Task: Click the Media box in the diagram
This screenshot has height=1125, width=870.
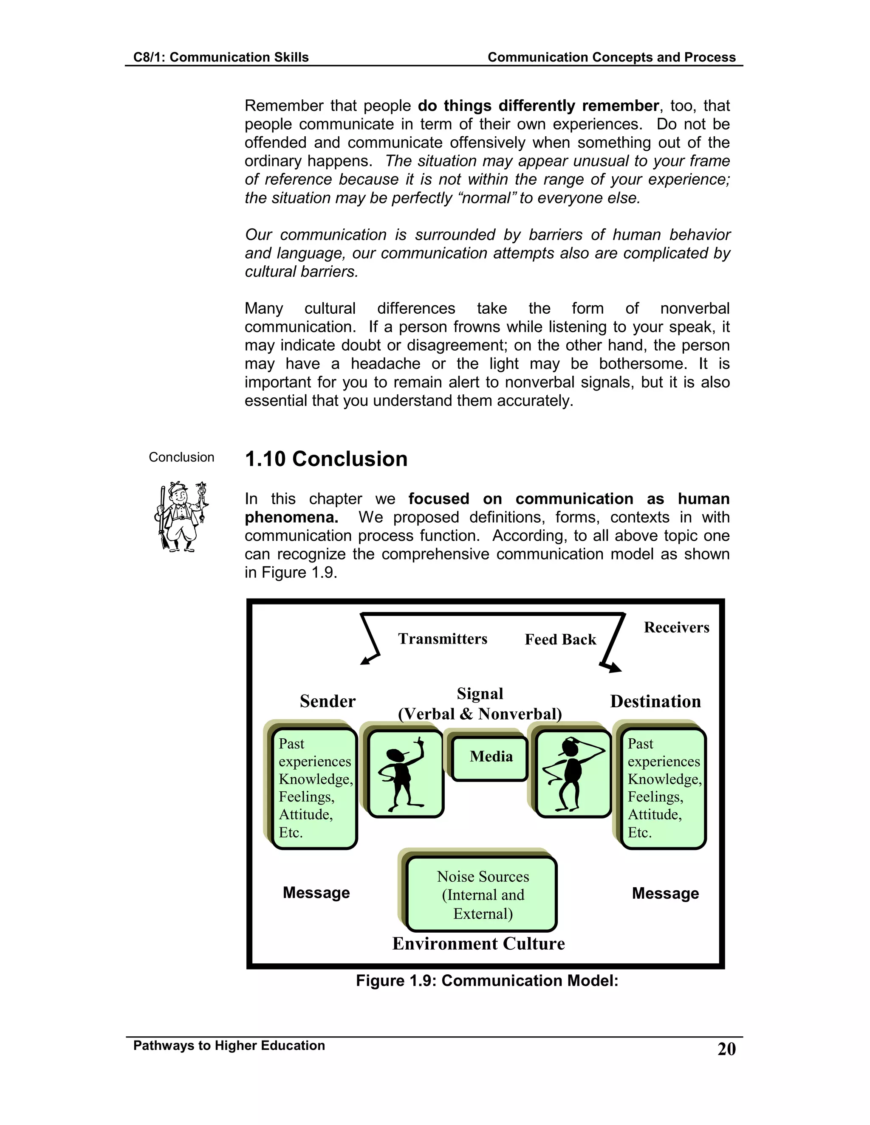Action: [490, 758]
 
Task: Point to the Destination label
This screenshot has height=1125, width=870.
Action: [655, 702]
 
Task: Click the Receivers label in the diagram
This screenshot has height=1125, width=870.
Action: [676, 627]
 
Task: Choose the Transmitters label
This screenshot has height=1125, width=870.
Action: [442, 639]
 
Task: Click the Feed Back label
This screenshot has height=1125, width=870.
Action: [560, 640]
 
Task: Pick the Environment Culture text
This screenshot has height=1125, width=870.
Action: [478, 944]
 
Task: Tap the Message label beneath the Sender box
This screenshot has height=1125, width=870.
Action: [316, 893]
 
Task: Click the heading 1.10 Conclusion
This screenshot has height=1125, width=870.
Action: [326, 459]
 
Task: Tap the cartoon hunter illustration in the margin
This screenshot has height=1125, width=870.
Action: [181, 517]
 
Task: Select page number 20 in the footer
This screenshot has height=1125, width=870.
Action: [726, 1049]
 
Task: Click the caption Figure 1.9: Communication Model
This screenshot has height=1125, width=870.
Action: [486, 980]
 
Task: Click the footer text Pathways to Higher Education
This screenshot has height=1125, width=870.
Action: [229, 1046]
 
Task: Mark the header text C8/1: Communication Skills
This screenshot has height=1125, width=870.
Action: [220, 57]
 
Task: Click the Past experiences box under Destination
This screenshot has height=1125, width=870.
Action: [663, 788]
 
